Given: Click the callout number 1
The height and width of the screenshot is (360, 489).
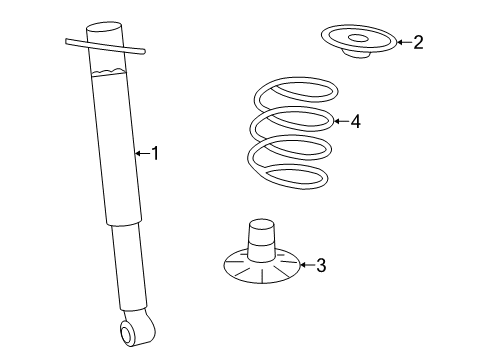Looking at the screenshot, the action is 155,153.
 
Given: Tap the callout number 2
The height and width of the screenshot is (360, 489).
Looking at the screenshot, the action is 418,42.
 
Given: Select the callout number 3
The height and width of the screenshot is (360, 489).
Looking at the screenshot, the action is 321,265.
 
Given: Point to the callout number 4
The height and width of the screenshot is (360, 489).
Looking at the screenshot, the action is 356,121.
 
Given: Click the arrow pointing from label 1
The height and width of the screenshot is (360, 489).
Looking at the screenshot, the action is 143,153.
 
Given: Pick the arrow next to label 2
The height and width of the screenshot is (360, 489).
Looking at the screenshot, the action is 404,42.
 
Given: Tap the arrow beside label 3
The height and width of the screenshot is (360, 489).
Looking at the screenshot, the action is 307,265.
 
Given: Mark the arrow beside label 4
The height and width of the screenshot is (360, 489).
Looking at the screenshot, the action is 341,121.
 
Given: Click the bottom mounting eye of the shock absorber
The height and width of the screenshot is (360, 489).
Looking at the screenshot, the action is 128,333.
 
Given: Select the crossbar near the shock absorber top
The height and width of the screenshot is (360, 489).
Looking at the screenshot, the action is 105,46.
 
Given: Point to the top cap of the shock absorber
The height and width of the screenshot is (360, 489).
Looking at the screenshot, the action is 104,27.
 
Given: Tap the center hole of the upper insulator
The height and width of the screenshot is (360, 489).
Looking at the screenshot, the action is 358,39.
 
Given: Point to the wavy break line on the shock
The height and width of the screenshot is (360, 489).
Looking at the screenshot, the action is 109,72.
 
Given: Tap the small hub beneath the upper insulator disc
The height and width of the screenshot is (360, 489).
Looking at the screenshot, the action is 357,54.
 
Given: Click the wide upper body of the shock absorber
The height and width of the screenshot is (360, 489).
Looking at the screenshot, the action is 117,147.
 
